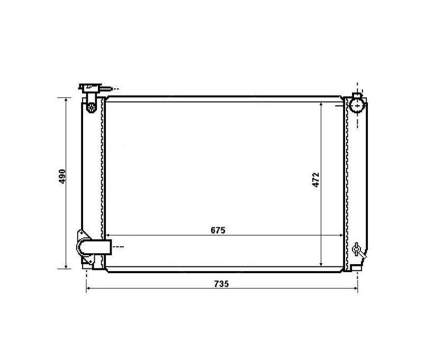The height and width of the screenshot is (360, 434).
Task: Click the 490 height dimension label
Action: point(62,176)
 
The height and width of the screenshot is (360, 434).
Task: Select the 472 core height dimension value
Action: point(316,179)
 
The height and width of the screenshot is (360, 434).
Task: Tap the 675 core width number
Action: point(218,230)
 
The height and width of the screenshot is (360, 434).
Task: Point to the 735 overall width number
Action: point(221,284)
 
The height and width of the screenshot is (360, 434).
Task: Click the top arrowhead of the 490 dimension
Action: point(66,100)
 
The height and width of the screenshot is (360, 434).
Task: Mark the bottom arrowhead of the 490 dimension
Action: point(66,266)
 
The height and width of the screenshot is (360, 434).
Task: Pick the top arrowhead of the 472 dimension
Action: point(321,104)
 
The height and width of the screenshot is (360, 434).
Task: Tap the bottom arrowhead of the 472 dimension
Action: point(321,264)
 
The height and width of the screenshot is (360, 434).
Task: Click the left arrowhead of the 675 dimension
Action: point(108,236)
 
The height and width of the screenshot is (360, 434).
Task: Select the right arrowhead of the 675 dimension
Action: point(341,236)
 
